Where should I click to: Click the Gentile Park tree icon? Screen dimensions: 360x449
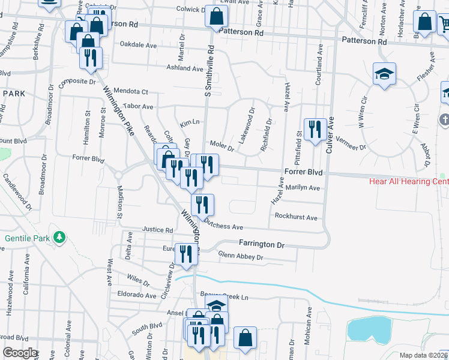59,238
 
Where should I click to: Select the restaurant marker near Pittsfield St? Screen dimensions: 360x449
315,129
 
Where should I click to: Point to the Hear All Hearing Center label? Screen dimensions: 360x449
409,181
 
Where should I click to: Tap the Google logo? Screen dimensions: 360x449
20,353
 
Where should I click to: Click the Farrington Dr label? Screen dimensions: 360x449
261,244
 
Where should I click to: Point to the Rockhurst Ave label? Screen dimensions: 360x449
296,217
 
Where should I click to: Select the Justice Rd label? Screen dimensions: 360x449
158,230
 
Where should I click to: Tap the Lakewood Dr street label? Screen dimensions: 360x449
247,124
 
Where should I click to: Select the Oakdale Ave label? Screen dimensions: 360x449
138,44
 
